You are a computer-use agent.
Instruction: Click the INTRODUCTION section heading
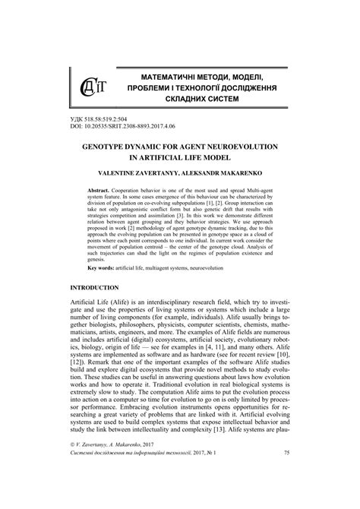(94, 330)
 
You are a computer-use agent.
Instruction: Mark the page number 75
(286, 495)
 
